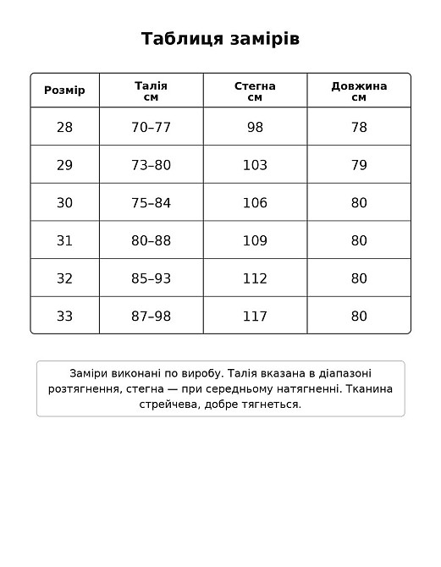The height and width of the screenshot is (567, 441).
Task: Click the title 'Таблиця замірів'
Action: coord(220,39)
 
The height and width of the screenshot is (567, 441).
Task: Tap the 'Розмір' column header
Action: coord(65,91)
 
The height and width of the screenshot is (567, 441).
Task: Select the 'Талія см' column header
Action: coord(152,91)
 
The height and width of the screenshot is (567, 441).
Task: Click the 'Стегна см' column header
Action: coord(255,91)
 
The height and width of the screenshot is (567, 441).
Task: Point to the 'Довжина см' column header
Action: coord(359,91)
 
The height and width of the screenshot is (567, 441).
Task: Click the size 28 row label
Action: coord(65,127)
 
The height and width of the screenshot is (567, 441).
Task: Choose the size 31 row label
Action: coord(65,240)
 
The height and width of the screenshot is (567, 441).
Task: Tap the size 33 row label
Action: coord(65,316)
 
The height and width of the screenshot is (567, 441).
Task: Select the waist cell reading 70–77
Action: coord(152,127)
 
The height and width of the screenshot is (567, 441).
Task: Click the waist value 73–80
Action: coord(152,165)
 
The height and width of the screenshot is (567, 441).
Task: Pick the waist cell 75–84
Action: coord(152,202)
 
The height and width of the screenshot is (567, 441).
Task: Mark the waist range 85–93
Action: coord(152,278)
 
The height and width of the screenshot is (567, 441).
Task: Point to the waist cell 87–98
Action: coord(152,316)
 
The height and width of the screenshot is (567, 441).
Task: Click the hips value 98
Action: coord(255,127)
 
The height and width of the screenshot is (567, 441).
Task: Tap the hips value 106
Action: coord(255,202)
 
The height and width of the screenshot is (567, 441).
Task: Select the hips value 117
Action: coord(255,316)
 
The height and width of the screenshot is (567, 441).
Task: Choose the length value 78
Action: coord(359,127)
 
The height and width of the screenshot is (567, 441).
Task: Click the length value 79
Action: coord(359,165)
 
